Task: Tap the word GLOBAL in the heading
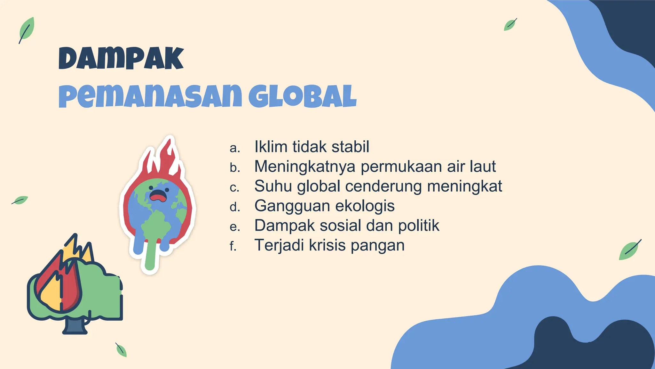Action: point(302,96)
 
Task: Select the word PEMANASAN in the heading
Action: point(150,96)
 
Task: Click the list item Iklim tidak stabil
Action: point(312,147)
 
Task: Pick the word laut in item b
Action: point(483,167)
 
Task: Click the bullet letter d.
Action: point(234,207)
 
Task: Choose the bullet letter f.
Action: point(233,246)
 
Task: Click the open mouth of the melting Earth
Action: point(158,196)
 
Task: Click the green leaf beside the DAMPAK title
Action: point(26,30)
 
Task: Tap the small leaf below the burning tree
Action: point(121,350)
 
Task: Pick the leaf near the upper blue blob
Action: point(510,25)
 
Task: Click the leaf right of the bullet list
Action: point(629,250)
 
